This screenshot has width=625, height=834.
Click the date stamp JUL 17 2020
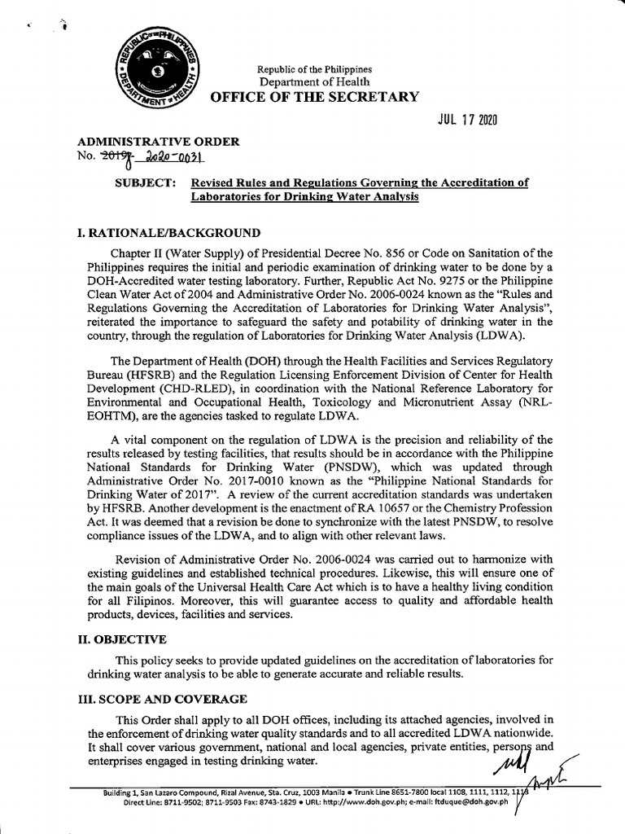(x=465, y=121)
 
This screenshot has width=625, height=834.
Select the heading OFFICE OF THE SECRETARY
(x=315, y=98)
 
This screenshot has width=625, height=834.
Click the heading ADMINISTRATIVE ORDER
(x=152, y=142)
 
